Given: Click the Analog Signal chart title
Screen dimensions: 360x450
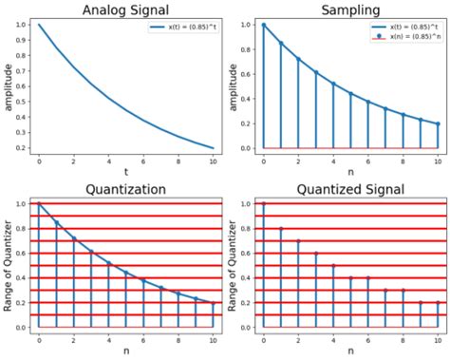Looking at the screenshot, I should (x=125, y=9).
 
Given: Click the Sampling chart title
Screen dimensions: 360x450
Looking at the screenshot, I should (x=350, y=9).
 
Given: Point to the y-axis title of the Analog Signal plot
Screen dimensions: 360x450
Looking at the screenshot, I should (x=9, y=85).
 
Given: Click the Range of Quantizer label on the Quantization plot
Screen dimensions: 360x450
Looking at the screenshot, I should (x=9, y=264).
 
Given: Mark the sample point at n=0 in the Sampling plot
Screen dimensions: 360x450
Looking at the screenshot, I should (x=264, y=25).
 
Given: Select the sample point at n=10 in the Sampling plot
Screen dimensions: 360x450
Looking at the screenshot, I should (x=438, y=123).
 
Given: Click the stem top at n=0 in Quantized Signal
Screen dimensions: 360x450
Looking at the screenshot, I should (x=264, y=203).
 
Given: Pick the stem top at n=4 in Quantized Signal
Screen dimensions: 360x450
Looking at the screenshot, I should (x=333, y=265).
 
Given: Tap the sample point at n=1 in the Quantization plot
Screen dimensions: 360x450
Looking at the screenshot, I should (x=56, y=222).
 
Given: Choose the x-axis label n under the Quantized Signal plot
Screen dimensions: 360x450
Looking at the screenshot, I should (x=350, y=352).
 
